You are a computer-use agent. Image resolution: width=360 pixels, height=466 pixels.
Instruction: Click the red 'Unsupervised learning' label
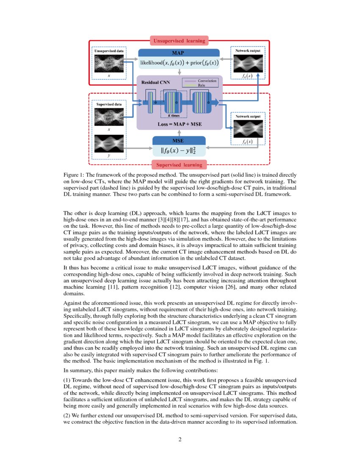179,41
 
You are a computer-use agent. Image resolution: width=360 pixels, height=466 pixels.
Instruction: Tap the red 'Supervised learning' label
179,164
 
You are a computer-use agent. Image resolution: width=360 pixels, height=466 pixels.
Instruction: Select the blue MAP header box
179,53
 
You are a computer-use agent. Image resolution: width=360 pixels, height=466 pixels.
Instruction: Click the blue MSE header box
179,140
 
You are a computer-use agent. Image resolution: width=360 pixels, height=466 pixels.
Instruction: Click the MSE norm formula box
179,151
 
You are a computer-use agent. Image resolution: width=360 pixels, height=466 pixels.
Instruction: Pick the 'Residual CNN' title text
155,83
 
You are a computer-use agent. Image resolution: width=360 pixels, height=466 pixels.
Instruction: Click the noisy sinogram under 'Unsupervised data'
109,64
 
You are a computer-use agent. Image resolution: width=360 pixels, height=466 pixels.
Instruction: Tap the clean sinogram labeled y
109,144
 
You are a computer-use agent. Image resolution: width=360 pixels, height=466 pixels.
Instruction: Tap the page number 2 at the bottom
180,439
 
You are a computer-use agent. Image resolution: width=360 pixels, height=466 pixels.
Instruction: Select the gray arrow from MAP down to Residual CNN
179,72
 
